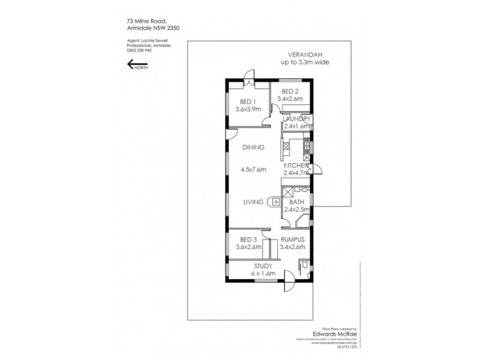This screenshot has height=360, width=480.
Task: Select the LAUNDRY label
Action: tap(296, 119)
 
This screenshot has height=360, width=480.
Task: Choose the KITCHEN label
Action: tap(296, 165)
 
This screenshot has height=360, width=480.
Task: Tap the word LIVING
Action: tap(254, 202)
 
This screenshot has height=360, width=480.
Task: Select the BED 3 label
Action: tap(244, 239)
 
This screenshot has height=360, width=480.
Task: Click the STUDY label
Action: tap(263, 265)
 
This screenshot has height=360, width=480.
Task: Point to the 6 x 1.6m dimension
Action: tap(263, 273)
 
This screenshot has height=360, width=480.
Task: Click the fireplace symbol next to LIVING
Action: tap(275, 202)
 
